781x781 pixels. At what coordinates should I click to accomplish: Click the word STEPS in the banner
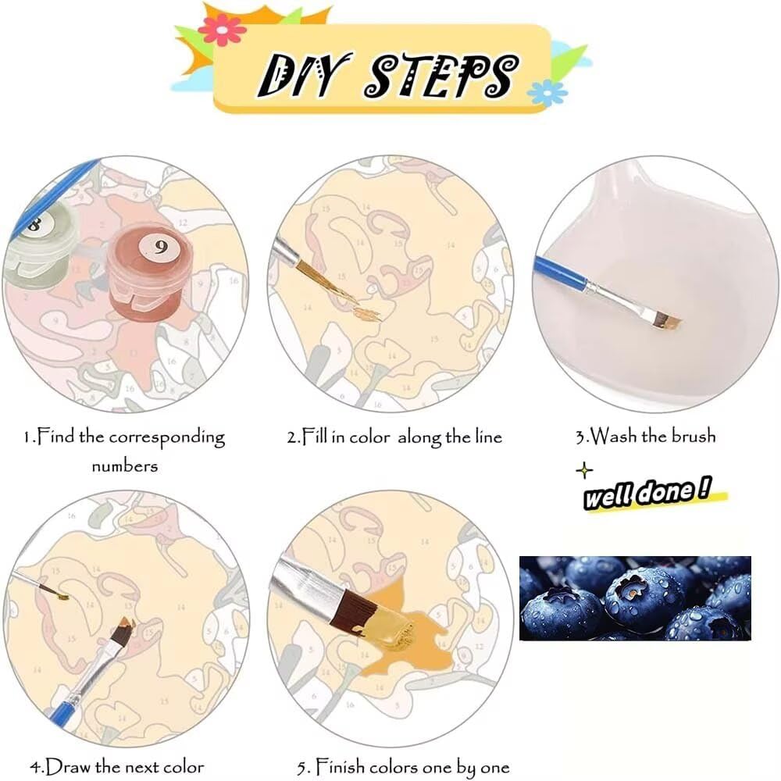click(441, 75)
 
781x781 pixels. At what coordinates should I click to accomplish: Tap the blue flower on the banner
click(547, 93)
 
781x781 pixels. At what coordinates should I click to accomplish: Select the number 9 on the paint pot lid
click(160, 247)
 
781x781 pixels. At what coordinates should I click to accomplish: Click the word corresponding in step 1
click(167, 438)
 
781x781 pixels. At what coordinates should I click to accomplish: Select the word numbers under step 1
click(124, 467)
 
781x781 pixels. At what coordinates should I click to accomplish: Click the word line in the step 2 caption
click(488, 437)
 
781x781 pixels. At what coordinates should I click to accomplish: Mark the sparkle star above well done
click(584, 469)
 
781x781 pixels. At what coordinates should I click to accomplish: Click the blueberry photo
click(635, 597)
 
